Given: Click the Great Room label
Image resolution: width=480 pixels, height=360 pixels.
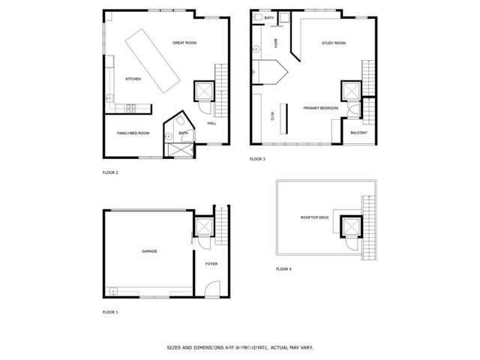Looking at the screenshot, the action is coord(184,43).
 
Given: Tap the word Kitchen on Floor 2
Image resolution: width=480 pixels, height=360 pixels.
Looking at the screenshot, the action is coord(133,79).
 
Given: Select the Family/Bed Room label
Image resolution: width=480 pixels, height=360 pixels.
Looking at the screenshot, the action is coord(133,133).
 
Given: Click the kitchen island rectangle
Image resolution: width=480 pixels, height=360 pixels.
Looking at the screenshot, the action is coord(152,61).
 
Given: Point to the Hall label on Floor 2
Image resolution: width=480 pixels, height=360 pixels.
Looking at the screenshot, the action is coord(211,123).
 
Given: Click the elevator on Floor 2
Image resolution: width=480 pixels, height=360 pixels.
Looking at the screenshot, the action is coord(204,91).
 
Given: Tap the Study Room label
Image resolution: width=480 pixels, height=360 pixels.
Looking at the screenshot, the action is coord(334,43).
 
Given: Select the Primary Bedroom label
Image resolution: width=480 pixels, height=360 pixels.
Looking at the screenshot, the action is coord(321,108).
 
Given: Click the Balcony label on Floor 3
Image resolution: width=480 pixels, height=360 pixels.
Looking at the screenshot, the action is coord(358,133).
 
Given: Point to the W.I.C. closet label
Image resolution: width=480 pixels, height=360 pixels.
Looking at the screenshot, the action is coord(271,116).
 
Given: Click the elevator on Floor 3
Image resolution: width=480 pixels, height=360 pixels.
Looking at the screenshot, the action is coord(352,91).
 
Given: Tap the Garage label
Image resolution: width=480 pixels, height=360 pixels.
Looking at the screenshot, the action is coord(149,251).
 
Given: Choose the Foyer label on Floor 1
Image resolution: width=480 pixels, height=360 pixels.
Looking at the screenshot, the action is coord(211,264).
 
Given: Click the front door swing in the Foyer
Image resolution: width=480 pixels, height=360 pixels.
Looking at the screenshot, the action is coord(212,289).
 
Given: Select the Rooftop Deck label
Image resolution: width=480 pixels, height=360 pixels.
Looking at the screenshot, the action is coord(315,217).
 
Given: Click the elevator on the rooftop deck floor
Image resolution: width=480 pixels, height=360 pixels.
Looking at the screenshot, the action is coord(351,226).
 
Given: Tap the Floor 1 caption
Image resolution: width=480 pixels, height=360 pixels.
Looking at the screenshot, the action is coord(110,312).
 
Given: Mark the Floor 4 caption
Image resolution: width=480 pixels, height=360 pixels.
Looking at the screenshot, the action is coord(283,269).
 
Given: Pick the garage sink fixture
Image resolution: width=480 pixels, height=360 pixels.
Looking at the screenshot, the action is coord(113,291).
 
